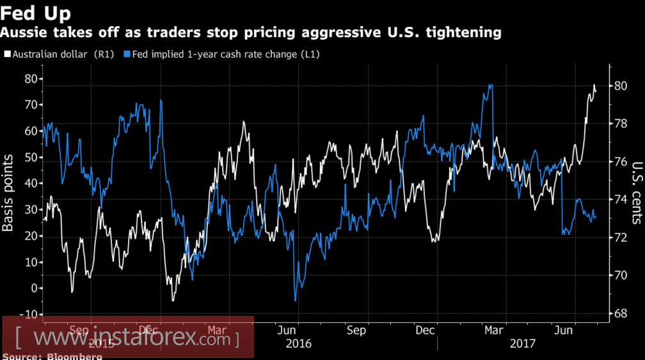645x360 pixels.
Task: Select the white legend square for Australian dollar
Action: point(7,55)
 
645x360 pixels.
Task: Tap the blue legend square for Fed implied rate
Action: point(127,55)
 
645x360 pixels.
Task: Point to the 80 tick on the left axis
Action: point(29,79)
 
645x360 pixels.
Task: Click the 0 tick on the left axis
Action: point(33,288)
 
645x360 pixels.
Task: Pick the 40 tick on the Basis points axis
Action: point(29,184)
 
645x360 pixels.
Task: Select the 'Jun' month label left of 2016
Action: point(287,330)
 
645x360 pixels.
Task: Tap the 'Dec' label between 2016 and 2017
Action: point(425,330)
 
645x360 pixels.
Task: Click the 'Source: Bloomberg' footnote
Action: point(52,356)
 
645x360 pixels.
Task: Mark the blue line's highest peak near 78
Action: point(490,85)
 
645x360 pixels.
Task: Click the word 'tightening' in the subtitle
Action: point(465,32)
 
